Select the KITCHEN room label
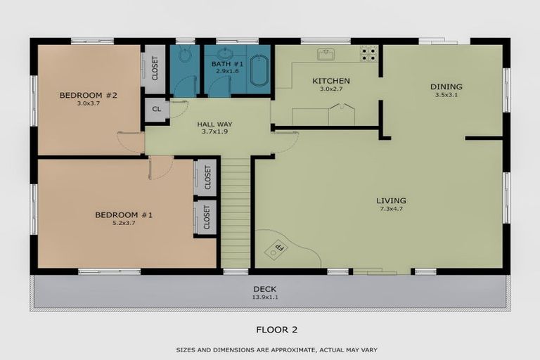point(330,81)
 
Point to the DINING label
point(446,87)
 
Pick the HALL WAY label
point(216,124)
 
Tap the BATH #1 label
point(226,65)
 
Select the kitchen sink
point(326,53)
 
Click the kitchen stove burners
point(368,52)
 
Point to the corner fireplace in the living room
point(280,247)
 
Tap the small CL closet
point(156,110)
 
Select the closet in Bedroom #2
point(155,68)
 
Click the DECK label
point(266,289)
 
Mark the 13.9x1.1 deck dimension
point(266,297)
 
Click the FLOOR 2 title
point(270,328)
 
